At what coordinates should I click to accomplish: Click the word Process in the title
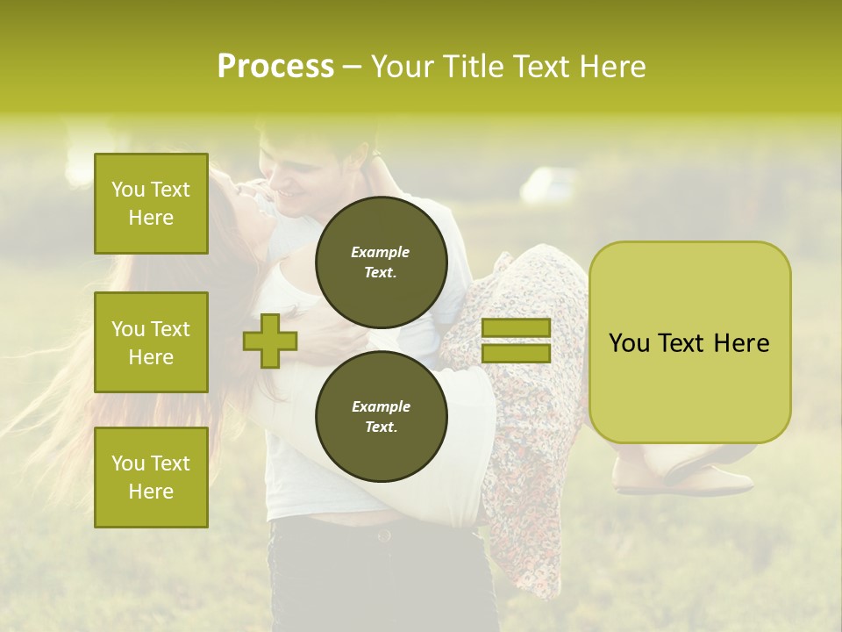[275, 67]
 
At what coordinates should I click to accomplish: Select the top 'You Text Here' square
[151, 204]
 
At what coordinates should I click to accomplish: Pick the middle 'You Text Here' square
[151, 342]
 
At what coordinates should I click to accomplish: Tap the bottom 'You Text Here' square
[151, 478]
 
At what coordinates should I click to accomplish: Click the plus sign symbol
[270, 341]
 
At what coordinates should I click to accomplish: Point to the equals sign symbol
[516, 341]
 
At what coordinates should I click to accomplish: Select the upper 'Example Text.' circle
[381, 262]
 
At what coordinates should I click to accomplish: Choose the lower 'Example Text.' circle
[381, 416]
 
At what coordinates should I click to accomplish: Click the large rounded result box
[689, 342]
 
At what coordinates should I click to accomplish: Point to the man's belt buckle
[382, 532]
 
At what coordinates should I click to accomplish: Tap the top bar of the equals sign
[516, 328]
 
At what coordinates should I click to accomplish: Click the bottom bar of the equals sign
[516, 354]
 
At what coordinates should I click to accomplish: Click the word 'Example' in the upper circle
[381, 252]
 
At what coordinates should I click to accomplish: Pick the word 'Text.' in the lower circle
[381, 427]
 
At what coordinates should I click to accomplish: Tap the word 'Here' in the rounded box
[741, 343]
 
